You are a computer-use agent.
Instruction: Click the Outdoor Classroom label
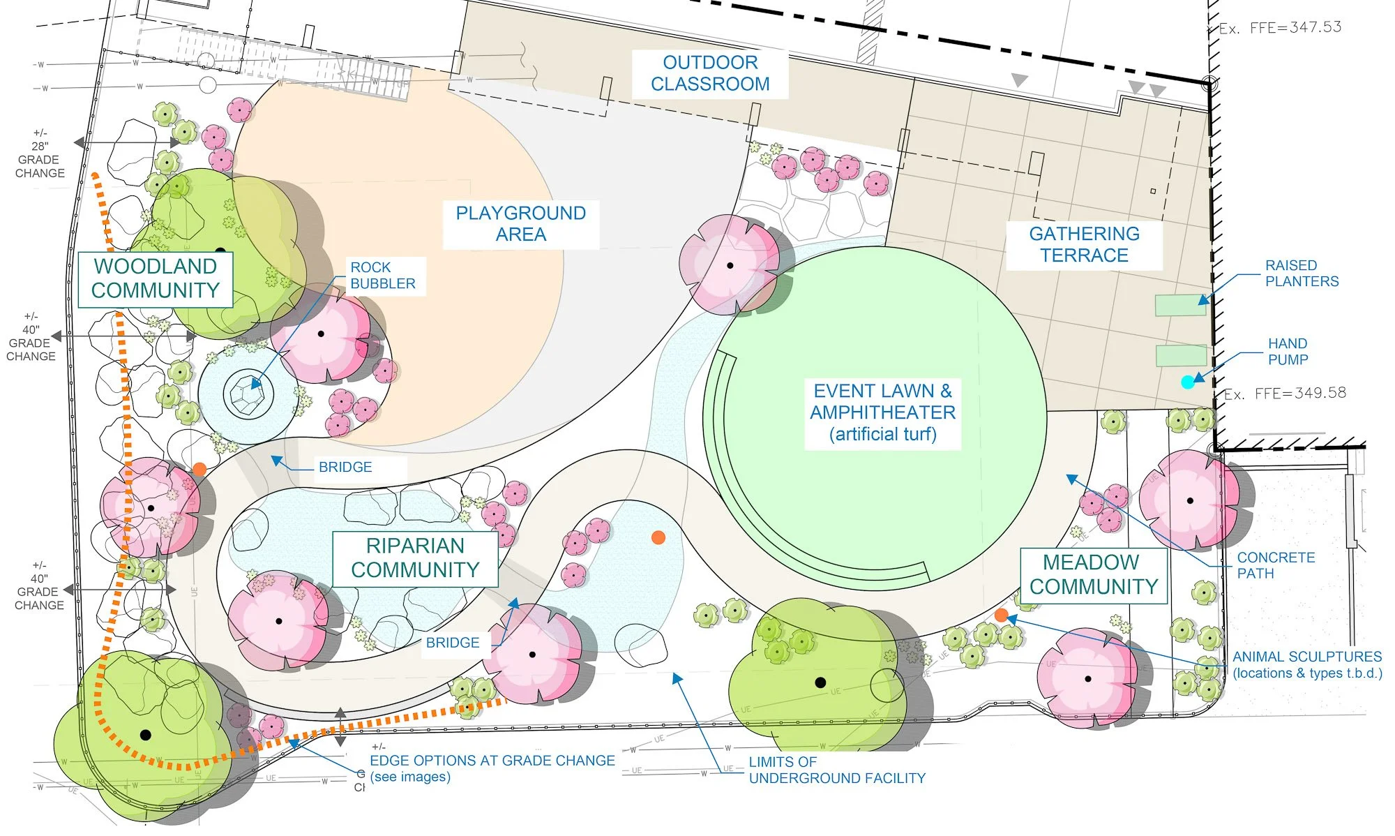tap(710, 73)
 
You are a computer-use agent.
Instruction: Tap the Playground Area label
tap(521, 223)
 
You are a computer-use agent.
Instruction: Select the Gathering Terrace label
tap(1084, 244)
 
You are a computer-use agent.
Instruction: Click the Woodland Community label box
tap(155, 278)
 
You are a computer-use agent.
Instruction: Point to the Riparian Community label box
tap(415, 558)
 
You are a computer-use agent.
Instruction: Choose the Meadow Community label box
tap(1094, 575)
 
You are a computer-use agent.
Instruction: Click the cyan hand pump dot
tap(1187, 382)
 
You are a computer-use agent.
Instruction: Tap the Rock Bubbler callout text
tap(383, 276)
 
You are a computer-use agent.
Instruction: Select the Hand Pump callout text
tap(1288, 352)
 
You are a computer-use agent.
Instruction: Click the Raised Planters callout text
tap(1302, 274)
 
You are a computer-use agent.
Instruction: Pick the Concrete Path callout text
tap(1276, 565)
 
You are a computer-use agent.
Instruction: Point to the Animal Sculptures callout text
tap(1307, 665)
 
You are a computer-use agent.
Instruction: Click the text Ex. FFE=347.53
tap(1280, 28)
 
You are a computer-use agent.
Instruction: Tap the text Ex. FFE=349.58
tap(1285, 394)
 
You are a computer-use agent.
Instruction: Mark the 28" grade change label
tap(40, 153)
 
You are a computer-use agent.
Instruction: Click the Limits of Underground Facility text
tap(837, 770)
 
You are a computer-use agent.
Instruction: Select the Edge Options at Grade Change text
tap(492, 768)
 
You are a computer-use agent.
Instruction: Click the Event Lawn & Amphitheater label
tap(882, 412)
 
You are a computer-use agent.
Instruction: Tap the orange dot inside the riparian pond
tap(658, 537)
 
